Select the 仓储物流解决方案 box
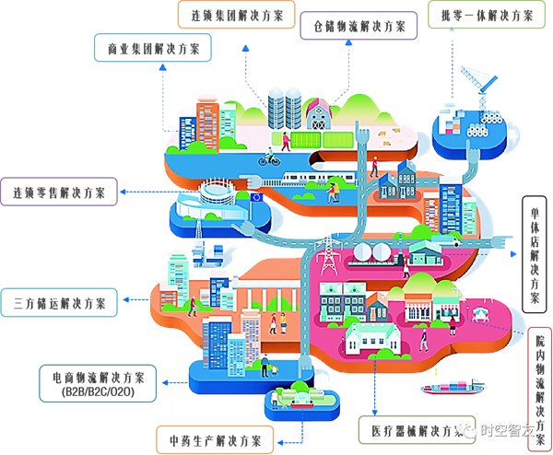tap(359, 25)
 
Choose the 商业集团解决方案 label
tap(152, 47)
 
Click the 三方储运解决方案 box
tap(60, 302)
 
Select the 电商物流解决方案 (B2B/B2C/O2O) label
tap(99, 384)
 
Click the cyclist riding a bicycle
tap(269, 158)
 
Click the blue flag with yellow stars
tap(254, 197)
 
